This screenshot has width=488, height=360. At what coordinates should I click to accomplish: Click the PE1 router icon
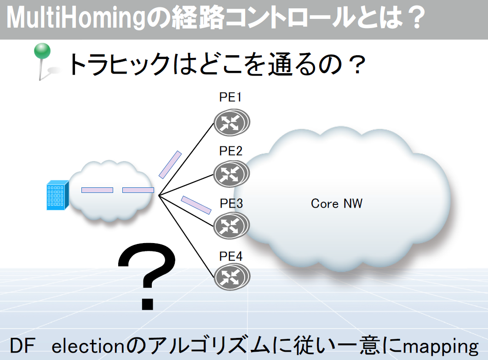pyautogui.click(x=231, y=122)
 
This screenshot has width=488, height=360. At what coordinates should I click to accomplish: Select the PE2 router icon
pyautogui.click(x=231, y=174)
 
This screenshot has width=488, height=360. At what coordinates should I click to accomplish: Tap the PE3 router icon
pyautogui.click(x=231, y=226)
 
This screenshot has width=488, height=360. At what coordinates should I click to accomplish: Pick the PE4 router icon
pyautogui.click(x=232, y=277)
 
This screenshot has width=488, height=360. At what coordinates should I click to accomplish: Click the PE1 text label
pyautogui.click(x=230, y=97)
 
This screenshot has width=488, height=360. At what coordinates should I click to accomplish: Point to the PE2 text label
pyautogui.click(x=230, y=151)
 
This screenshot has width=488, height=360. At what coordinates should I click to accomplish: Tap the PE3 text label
pyautogui.click(x=231, y=203)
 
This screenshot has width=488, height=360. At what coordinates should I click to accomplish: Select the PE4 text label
pyautogui.click(x=230, y=256)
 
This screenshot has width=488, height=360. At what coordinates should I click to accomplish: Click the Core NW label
pyautogui.click(x=337, y=203)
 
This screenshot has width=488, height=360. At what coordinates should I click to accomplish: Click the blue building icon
pyautogui.click(x=57, y=195)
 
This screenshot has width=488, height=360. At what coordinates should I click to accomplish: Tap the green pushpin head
pyautogui.click(x=42, y=51)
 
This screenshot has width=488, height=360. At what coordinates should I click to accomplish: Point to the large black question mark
pyautogui.click(x=147, y=276)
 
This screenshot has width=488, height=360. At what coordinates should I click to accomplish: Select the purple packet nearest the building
pyautogui.click(x=97, y=190)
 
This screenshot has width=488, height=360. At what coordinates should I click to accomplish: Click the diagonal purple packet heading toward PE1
pyautogui.click(x=170, y=165)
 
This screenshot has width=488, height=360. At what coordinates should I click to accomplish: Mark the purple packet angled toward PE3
pyautogui.click(x=196, y=205)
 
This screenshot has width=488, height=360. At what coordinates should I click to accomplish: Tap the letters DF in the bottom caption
pyautogui.click(x=22, y=346)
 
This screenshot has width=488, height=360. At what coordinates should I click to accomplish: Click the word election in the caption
pyautogui.click(x=88, y=346)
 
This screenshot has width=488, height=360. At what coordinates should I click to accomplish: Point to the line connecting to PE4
pyautogui.click(x=186, y=236)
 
